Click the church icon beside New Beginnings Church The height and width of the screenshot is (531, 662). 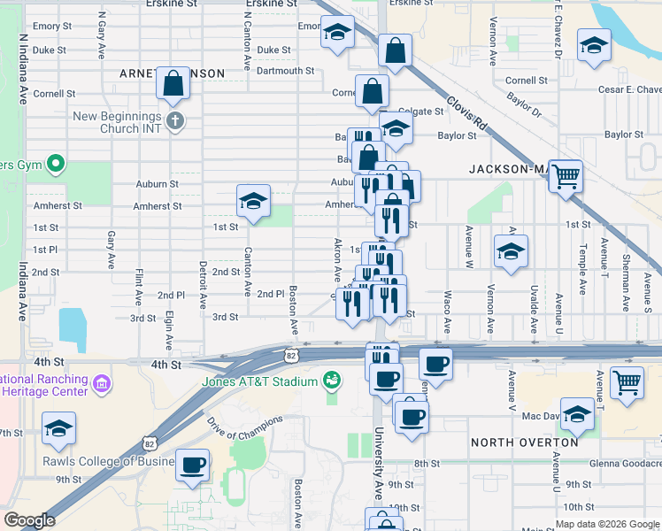pos(175,120)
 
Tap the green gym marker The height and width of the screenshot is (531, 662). pos(55,164)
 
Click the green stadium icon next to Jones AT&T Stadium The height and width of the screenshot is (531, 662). pos(333,381)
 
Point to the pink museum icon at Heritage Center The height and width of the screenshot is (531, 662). pos(103,383)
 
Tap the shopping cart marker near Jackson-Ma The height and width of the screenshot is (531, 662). pos(566,174)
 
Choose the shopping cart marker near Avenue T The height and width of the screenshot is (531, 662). pos(627,383)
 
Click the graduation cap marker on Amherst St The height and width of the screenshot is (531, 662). pos(253,201)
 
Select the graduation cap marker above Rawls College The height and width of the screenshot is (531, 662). pos(58,428)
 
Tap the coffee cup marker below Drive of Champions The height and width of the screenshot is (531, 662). pos(192,464)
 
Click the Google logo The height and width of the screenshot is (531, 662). pos(29,520)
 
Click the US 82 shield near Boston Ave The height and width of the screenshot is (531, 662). pos(292,355)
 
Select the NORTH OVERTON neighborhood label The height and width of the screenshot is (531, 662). pos(517,442)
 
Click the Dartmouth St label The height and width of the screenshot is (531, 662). pos(286,71)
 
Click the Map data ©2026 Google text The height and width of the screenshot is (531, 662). pos(607,524)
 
